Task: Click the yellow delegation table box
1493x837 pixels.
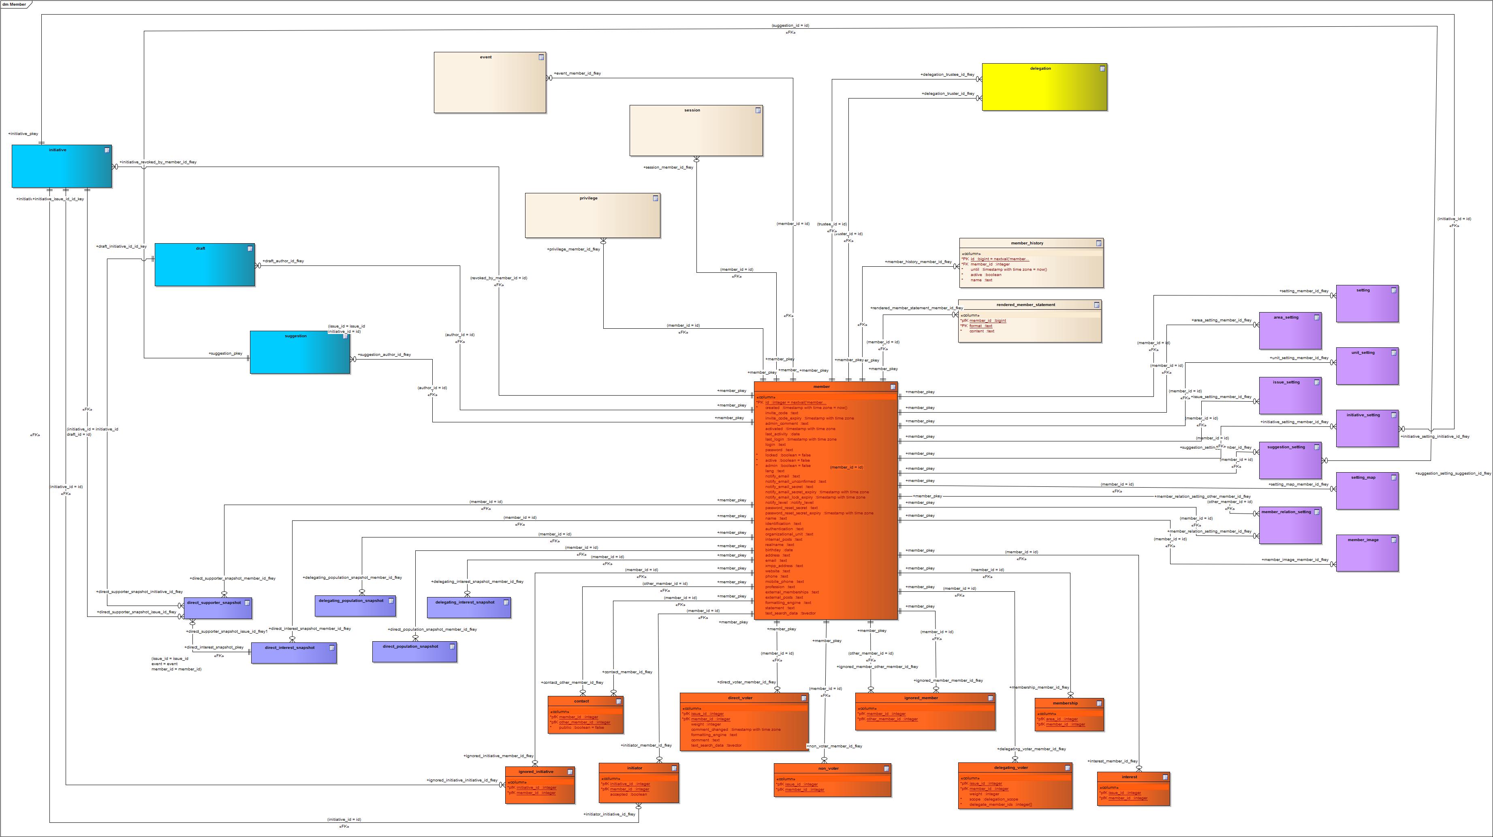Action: pos(1044,87)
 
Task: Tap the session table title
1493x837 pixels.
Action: pos(692,110)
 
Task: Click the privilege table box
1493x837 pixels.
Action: pos(592,215)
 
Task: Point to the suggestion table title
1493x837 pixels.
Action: pos(296,336)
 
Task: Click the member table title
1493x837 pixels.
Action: pos(821,387)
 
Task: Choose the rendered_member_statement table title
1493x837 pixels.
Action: pos(1025,305)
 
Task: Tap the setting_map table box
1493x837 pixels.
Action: pos(1367,490)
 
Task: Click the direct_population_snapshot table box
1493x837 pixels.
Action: pos(414,651)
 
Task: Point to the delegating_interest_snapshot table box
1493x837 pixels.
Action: pos(468,607)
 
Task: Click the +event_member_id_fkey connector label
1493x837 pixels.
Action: pos(577,74)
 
